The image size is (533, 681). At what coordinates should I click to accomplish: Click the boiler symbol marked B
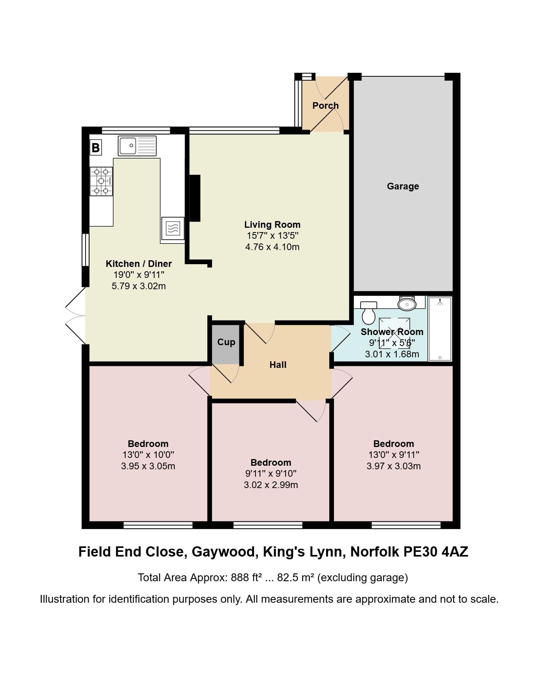[x=95, y=148]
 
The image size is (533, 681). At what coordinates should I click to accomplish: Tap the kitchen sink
[x=137, y=146]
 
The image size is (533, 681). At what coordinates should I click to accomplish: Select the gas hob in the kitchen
[x=101, y=181]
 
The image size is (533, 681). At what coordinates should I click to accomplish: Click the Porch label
[x=325, y=106]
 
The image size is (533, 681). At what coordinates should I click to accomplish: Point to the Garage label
[x=403, y=186]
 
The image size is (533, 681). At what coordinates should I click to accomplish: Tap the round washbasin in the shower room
[x=407, y=303]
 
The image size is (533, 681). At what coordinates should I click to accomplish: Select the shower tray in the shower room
[x=440, y=329]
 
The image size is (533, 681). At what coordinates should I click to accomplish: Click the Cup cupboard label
[x=226, y=342]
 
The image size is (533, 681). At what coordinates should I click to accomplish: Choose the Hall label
[x=278, y=365]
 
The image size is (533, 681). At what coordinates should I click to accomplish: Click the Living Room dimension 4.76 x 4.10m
[x=272, y=247]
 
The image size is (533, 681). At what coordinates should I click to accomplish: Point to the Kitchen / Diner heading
[x=139, y=264]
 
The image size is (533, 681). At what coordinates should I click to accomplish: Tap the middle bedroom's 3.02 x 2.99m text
[x=271, y=485]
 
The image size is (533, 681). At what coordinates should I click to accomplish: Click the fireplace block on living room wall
[x=195, y=198]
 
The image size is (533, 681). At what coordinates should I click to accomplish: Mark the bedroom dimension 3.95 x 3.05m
[x=148, y=466]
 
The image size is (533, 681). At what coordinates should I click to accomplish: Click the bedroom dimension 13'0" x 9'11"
[x=394, y=455]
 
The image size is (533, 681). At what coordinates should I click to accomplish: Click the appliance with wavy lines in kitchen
[x=173, y=228]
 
